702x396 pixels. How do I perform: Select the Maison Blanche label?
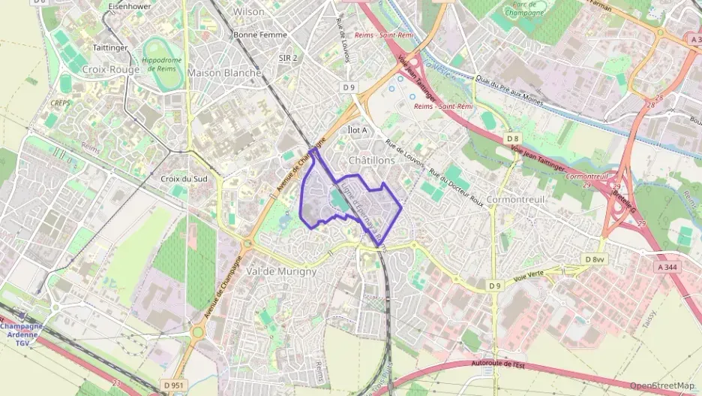click(224, 73)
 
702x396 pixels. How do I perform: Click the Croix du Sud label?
click(184, 179)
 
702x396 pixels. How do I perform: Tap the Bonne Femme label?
click(256, 35)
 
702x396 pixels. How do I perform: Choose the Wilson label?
click(249, 12)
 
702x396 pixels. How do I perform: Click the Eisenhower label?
click(130, 5)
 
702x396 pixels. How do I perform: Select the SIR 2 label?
click(288, 58)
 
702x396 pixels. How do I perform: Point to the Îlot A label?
click(358, 130)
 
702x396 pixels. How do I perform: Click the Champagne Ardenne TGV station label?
click(22, 331)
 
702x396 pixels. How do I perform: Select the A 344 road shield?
click(670, 267)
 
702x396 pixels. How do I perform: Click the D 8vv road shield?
click(594, 259)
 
